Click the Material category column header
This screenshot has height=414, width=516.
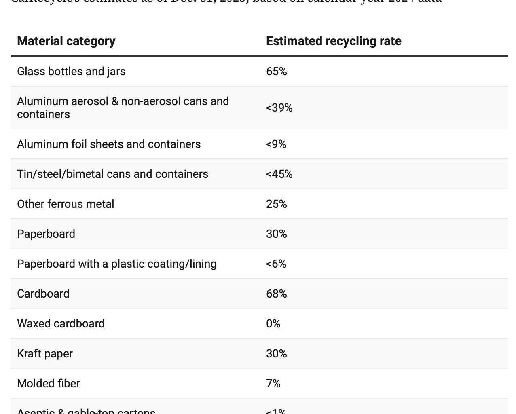point(66,41)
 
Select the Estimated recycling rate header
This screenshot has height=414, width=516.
point(334,41)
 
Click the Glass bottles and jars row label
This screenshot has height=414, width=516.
point(71,72)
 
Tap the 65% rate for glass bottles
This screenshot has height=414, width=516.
point(277,72)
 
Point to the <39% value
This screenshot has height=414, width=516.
point(279,108)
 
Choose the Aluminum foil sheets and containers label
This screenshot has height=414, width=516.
point(109,144)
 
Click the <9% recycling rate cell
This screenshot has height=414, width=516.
point(276,144)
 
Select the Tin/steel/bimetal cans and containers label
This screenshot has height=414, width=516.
point(112,174)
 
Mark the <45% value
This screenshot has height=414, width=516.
point(279,174)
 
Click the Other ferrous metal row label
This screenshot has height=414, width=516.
point(66,204)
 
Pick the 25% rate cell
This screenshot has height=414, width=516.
point(277,204)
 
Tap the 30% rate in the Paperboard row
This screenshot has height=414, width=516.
point(277,234)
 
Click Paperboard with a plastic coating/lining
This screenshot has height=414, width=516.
point(117,264)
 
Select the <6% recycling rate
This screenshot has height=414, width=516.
point(276,264)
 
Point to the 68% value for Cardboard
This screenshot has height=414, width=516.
point(277,294)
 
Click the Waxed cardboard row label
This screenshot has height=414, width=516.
point(61,324)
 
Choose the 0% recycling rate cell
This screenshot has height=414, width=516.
point(273,324)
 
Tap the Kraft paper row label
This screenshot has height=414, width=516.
point(45,354)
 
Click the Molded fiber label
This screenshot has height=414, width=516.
point(49,384)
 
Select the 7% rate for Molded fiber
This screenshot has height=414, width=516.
point(273,384)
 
